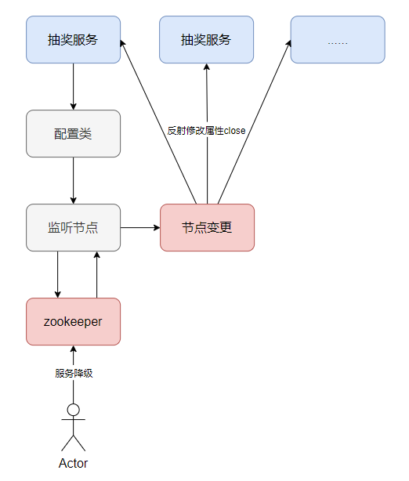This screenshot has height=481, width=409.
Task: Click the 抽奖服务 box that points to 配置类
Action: point(73,39)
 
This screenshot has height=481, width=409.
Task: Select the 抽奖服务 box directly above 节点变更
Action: point(207,39)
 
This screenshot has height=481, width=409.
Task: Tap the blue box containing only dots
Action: point(338,39)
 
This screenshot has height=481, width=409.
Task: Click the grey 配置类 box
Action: point(73,133)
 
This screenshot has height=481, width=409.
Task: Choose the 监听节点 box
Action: point(73,227)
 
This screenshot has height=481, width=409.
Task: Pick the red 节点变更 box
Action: point(207,227)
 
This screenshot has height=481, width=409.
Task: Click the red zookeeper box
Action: point(73,321)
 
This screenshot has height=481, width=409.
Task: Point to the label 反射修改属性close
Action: point(207,131)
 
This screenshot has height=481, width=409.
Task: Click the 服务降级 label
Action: point(74,373)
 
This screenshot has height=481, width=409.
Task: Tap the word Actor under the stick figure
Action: point(73,463)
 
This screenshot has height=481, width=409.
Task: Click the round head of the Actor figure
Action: point(74,409)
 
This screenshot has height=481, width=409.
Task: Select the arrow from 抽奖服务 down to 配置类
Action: point(73,86)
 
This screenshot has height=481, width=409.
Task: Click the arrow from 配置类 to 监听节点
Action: point(73,180)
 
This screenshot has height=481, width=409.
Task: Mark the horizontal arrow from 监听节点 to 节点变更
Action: point(140,227)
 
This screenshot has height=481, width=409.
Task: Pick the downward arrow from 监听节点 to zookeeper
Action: point(57,274)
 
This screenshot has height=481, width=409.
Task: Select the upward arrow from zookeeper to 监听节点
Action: point(96,274)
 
